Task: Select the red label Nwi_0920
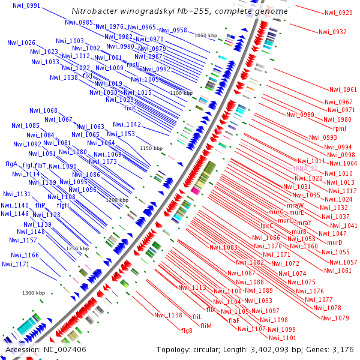[x=338, y=13]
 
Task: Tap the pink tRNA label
[x=306, y=169]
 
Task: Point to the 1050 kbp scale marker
[x=206, y=36]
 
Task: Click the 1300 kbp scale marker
[x=34, y=293]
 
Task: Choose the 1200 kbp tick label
[x=118, y=200]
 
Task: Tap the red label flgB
[x=187, y=331]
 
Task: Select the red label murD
[x=335, y=242]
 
